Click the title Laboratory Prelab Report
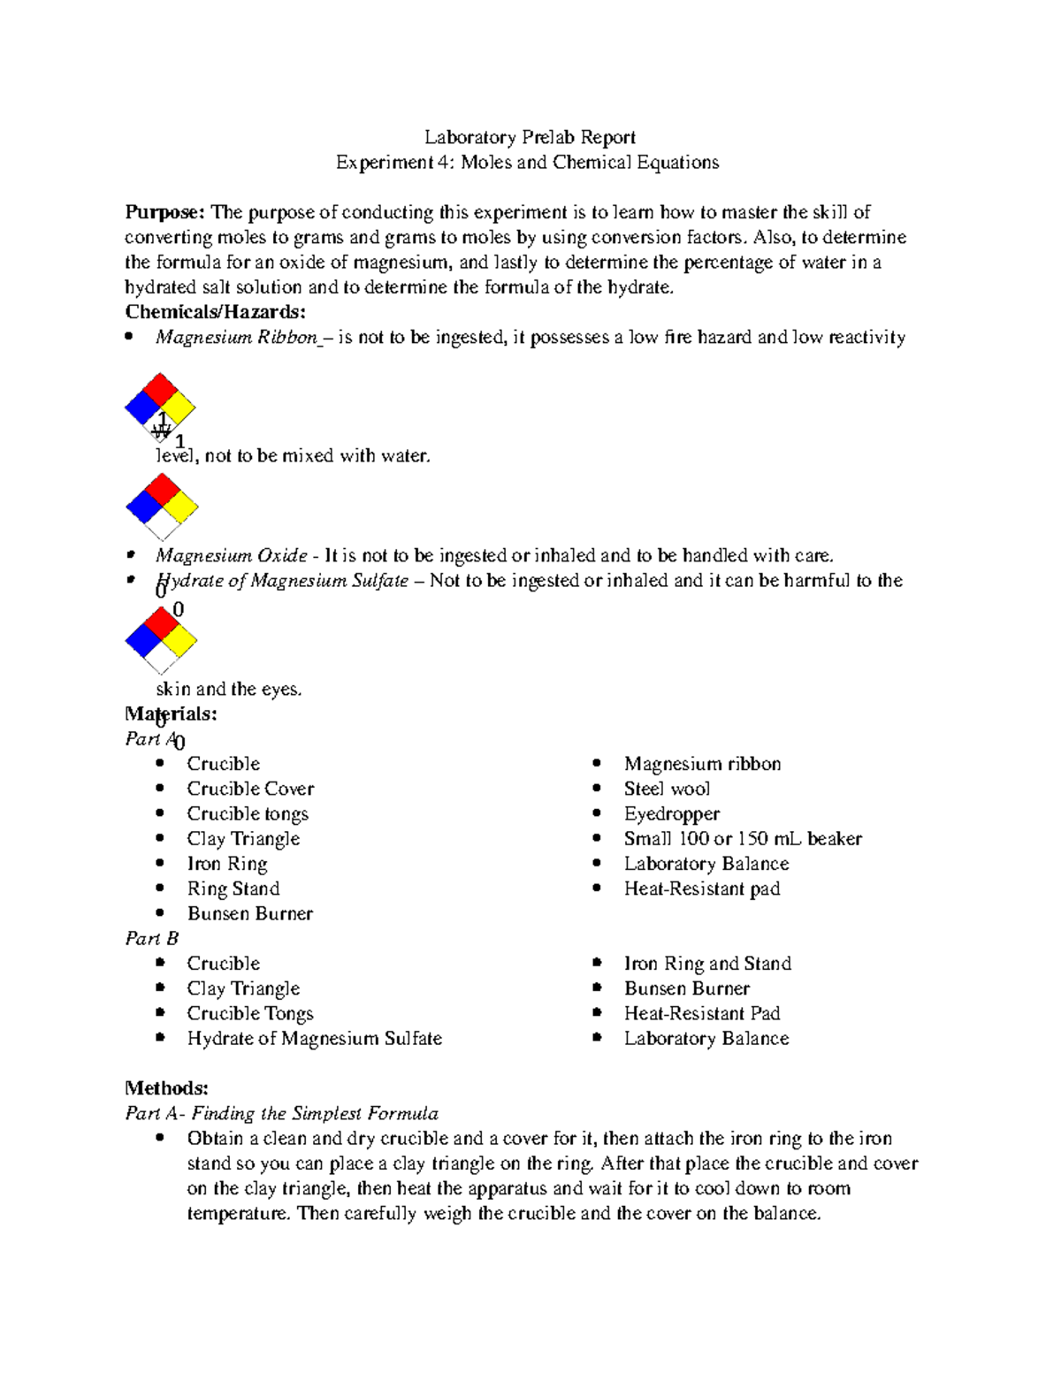point(530,137)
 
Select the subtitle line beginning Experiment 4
point(527,163)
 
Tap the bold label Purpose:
point(164,212)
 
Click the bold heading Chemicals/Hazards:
point(215,312)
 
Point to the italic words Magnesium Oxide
point(231,556)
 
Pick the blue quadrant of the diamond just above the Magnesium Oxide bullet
point(143,507)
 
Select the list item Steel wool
point(667,789)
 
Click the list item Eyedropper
point(671,813)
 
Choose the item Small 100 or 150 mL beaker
point(742,838)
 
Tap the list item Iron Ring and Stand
point(707,964)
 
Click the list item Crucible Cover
point(250,789)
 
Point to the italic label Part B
point(151,938)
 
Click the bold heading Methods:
point(166,1088)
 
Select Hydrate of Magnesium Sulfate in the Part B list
point(314,1038)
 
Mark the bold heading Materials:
point(171,713)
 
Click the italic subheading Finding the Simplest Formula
point(315,1113)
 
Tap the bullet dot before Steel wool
point(598,788)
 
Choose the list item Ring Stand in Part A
point(233,889)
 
